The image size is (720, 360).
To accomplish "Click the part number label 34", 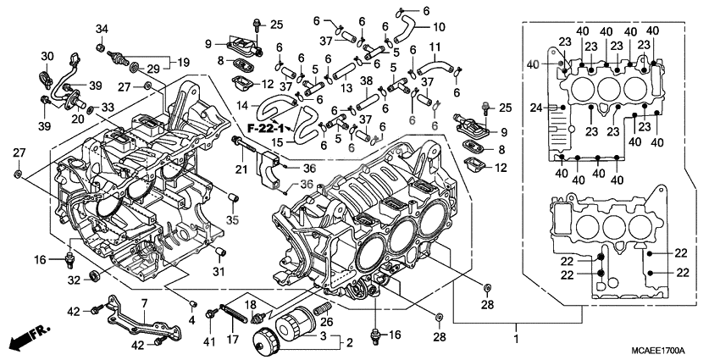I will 102,30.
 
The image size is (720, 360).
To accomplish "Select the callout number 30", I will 47,56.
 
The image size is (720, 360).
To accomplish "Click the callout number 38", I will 366,82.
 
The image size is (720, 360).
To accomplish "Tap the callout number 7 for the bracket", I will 144,302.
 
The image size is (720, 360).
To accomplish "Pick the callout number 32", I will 75,280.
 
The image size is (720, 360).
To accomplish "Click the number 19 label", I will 184,61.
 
